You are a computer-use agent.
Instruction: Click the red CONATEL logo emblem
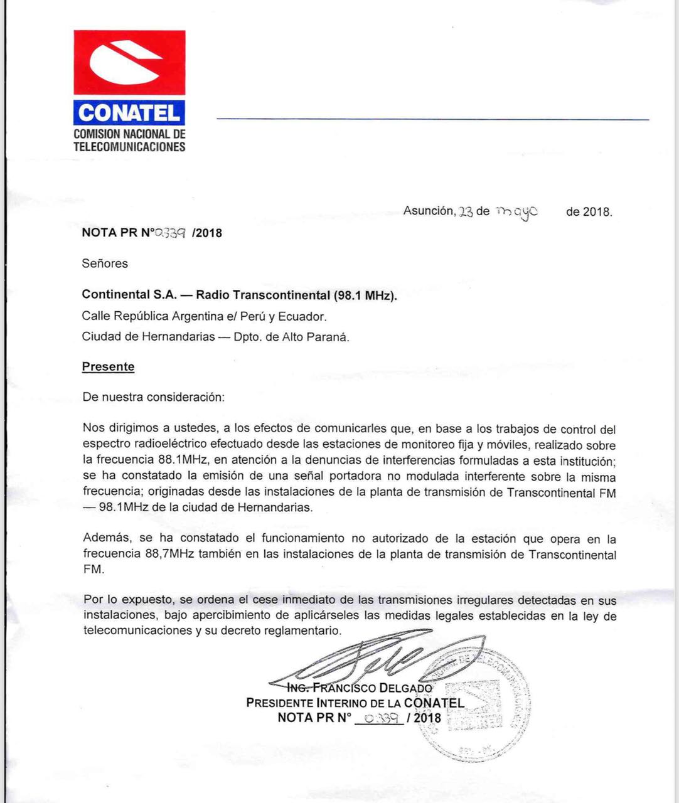click(x=129, y=63)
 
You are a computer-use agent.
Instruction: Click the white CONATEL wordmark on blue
click(x=129, y=112)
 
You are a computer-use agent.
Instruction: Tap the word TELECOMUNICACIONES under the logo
click(x=129, y=147)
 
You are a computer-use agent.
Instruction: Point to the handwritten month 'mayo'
click(x=516, y=212)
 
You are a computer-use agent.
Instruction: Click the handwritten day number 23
click(x=466, y=212)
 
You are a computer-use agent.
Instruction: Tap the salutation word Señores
click(x=105, y=263)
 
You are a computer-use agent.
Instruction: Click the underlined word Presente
click(x=108, y=367)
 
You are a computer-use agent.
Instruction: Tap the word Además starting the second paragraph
click(x=108, y=538)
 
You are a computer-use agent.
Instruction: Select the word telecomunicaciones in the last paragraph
click(x=137, y=630)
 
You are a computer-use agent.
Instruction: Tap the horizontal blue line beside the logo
click(x=433, y=119)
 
